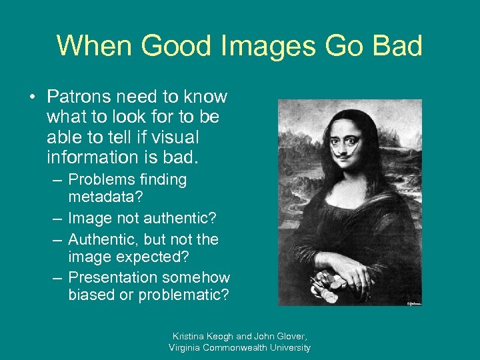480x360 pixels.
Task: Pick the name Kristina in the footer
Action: (x=189, y=336)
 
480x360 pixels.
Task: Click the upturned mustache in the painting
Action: (x=343, y=148)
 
